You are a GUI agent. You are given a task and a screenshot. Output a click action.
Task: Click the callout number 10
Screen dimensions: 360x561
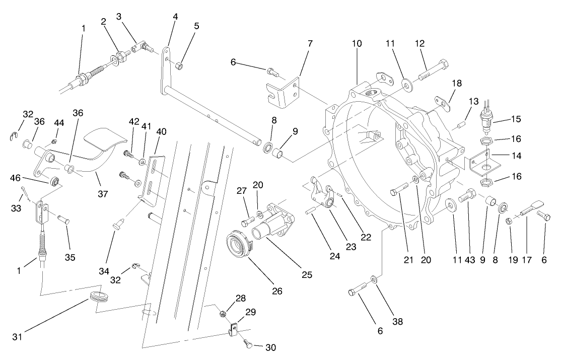[x=357, y=44]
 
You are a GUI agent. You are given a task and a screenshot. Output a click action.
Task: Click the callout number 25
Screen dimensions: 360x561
[x=307, y=275]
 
